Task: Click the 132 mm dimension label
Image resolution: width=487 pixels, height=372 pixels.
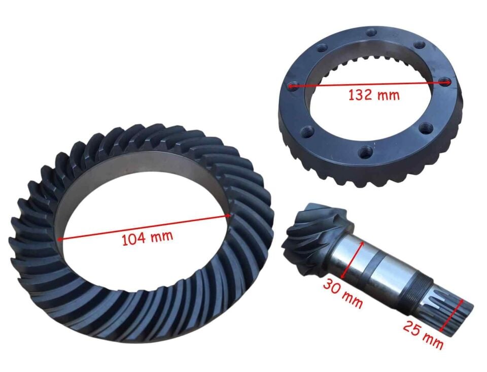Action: pos(374,94)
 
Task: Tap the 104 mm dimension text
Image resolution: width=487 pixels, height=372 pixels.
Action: pos(147,238)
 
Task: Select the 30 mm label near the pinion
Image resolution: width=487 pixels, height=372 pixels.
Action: pos(342,293)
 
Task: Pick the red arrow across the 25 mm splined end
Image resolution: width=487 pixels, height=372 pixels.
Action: pos(452,315)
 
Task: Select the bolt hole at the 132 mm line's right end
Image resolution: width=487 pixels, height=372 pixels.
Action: pos(445,82)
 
